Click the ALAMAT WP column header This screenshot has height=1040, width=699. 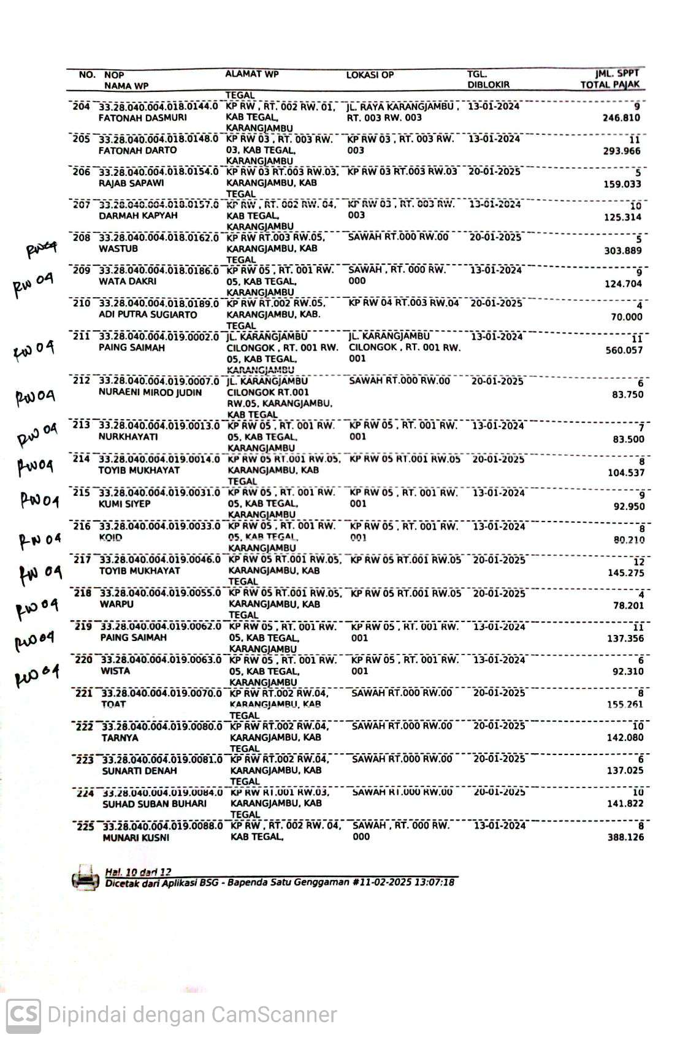[251, 74]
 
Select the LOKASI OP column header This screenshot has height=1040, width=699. [370, 75]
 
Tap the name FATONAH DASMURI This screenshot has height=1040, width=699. [143, 118]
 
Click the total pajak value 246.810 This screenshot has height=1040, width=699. [621, 118]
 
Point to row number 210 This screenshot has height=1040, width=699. [81, 303]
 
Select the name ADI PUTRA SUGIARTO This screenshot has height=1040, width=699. [148, 314]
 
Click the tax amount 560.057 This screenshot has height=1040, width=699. [624, 350]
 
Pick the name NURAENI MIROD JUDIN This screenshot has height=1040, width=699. [150, 392]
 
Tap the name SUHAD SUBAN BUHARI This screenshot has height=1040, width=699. [155, 803]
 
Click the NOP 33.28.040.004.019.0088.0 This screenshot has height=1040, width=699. [162, 826]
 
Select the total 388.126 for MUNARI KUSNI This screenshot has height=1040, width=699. [625, 837]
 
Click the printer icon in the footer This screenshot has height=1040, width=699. [85, 877]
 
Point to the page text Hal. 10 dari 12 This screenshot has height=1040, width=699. [138, 871]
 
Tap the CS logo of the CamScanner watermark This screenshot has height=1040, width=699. [23, 1014]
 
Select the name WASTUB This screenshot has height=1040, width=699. [118, 249]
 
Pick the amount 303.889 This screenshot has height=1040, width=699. [623, 251]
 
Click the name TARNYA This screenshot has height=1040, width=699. [120, 738]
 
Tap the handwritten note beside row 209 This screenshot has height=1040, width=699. [33, 284]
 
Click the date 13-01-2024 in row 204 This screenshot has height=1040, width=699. [494, 106]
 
